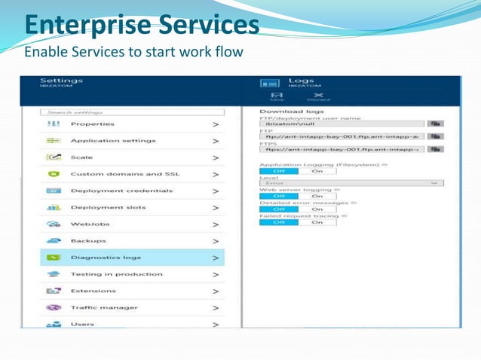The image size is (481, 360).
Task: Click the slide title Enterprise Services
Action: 141,24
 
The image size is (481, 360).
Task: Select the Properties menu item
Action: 92,124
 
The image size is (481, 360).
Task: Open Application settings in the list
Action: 113,141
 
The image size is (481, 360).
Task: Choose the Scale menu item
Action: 81,157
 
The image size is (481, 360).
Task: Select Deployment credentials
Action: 121,191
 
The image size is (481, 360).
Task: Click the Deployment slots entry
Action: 108,207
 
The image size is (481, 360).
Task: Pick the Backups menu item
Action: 87,240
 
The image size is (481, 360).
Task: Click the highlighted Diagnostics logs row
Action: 131,258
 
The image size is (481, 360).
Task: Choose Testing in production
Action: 116,274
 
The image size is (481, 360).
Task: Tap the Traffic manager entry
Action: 104,307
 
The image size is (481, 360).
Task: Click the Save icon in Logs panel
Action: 276,96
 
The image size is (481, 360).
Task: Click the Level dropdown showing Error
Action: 351,182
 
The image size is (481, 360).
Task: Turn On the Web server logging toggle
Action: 317,197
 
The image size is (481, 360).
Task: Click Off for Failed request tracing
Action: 277,222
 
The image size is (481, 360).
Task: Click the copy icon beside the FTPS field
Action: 435,149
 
